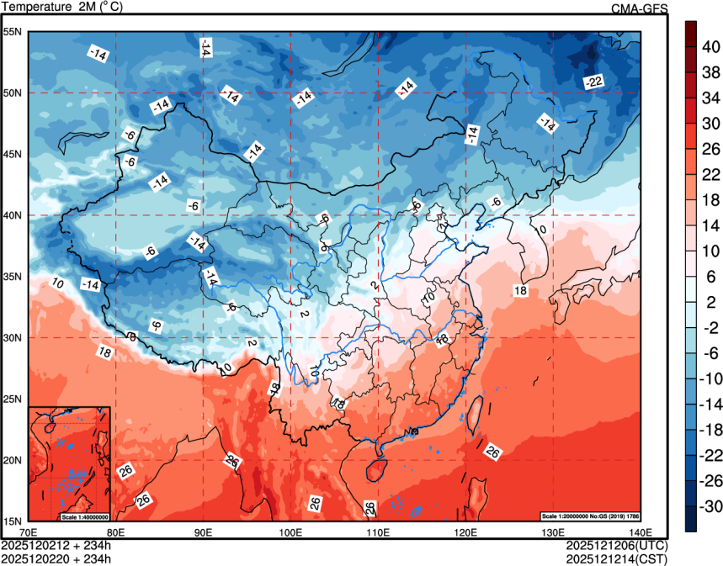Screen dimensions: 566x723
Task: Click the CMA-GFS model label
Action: (x=639, y=8)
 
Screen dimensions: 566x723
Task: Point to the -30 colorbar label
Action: (x=711, y=506)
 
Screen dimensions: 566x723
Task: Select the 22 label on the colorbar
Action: (x=711, y=174)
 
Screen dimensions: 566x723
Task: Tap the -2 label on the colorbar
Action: (x=711, y=327)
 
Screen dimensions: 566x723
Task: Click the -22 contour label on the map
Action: (x=594, y=82)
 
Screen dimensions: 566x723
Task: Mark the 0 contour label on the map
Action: (x=543, y=229)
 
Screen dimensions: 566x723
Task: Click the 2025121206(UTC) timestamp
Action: (x=625, y=545)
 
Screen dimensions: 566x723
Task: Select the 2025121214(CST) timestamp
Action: (x=625, y=558)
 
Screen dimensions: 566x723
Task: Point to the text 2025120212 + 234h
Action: (x=56, y=545)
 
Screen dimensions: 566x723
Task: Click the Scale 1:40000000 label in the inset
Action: (x=83, y=516)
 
